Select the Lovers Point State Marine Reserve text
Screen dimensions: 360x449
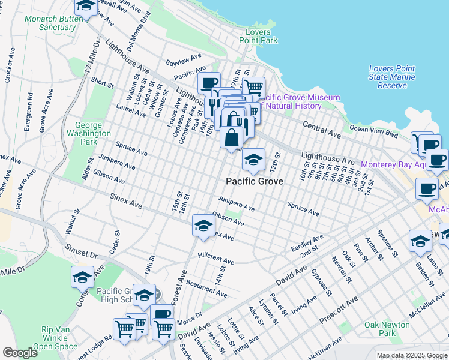[392, 77]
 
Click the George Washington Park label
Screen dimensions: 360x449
[88, 134]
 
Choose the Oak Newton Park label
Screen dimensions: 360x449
[387, 329]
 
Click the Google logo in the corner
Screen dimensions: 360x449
[20, 353]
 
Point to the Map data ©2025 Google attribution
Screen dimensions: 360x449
[412, 355]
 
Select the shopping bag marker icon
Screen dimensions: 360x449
[231, 137]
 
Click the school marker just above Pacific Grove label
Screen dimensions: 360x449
[253, 160]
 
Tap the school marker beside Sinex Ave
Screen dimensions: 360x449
[203, 226]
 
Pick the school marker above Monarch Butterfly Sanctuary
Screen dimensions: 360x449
[86, 7]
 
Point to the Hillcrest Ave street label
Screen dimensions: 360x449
[215, 259]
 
